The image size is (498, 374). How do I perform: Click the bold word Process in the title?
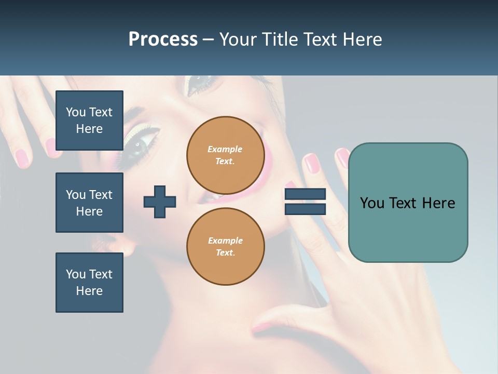click(x=163, y=39)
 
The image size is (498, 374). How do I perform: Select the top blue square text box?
click(x=89, y=121)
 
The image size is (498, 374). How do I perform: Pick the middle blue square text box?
click(x=89, y=203)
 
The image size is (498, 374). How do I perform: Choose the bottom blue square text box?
click(x=89, y=283)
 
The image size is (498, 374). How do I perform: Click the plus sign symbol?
click(x=160, y=202)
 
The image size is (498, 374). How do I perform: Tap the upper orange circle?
click(x=225, y=155)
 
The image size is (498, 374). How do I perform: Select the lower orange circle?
click(x=225, y=246)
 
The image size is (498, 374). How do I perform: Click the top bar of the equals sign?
click(x=305, y=194)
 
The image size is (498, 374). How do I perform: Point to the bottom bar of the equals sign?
click(x=305, y=209)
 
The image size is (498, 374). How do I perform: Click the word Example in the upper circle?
click(x=225, y=149)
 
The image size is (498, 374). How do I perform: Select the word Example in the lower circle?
click(x=225, y=241)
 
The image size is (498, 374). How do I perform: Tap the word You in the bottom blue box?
click(x=76, y=274)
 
